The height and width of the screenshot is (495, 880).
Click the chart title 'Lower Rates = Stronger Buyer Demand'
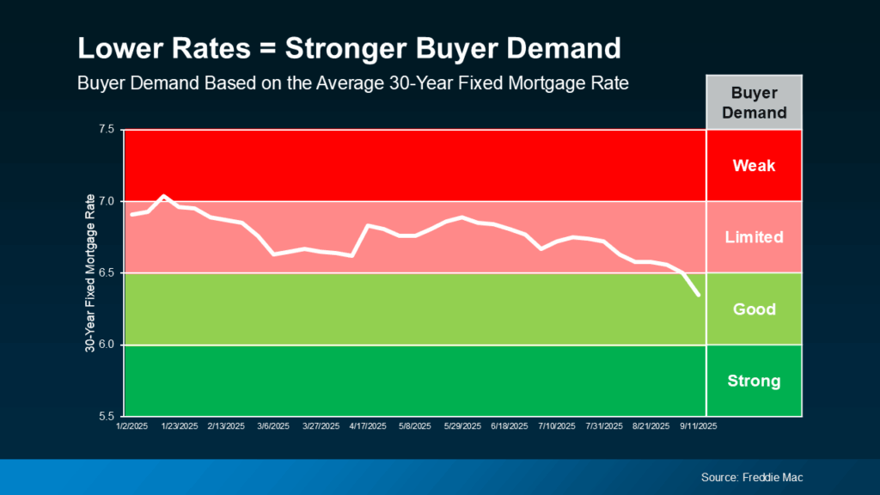(348, 49)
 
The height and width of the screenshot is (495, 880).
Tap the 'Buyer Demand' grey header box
(754, 102)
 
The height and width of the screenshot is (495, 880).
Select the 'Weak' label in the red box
(754, 165)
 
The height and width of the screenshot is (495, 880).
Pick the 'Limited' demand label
(754, 237)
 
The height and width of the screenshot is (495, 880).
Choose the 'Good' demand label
(754, 309)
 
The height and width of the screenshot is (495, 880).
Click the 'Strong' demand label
(754, 381)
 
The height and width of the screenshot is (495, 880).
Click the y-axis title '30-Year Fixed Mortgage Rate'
(89, 273)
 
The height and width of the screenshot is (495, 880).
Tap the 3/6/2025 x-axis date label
(272, 426)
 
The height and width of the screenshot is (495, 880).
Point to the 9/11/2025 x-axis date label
(699, 426)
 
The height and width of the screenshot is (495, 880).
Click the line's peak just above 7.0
(164, 196)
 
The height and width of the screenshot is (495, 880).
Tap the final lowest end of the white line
(698, 295)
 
